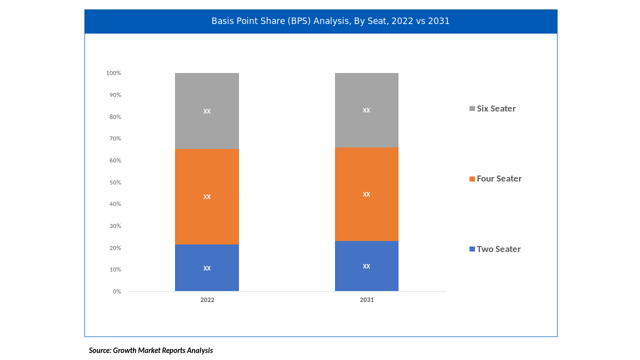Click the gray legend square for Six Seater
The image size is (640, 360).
point(472,108)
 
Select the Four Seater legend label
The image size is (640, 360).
point(499,178)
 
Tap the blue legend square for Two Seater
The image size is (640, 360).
point(472,249)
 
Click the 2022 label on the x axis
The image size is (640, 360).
point(207,300)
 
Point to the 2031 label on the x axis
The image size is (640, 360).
point(366,300)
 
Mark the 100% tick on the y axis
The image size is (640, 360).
point(113,73)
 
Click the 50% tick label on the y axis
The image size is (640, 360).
point(115,182)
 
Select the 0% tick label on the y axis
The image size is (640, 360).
point(117,291)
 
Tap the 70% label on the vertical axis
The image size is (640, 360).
point(115,138)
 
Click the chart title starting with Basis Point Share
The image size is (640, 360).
point(330,21)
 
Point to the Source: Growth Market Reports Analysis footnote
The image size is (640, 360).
point(151,350)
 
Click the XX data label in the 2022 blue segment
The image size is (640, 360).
point(207,268)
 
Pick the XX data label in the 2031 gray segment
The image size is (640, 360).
point(366,110)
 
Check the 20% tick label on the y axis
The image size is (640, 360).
point(115,248)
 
